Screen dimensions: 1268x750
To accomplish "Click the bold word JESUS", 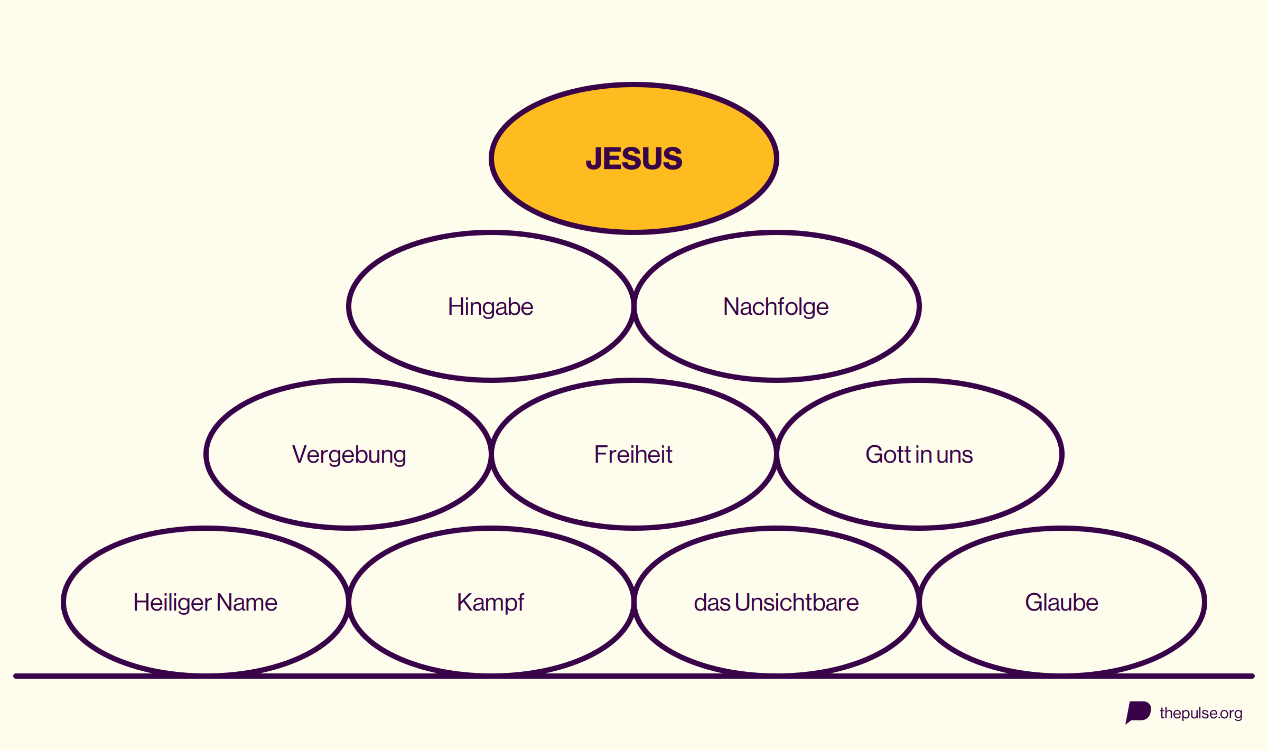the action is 634,158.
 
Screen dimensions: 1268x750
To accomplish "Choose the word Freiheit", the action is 633,454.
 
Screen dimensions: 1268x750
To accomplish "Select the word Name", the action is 247,603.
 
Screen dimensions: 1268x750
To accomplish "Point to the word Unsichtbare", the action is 797,602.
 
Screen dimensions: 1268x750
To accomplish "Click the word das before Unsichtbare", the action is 712,602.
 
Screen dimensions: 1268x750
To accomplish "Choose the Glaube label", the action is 1061,602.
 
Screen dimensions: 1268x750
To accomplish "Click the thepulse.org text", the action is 1201,714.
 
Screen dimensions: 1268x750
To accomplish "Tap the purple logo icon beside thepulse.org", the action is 1138,712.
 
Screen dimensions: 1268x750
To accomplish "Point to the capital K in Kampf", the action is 465,602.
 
